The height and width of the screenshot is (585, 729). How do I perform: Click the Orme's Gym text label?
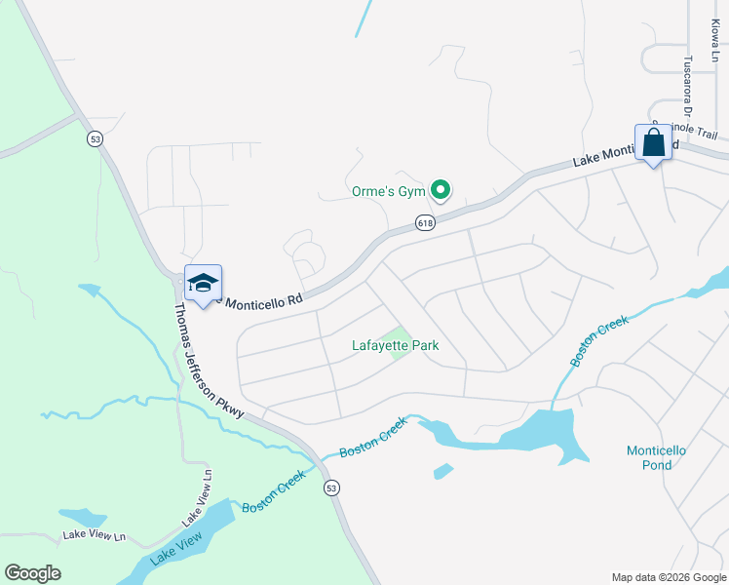(x=390, y=191)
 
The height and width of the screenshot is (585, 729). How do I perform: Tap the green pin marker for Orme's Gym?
(x=441, y=189)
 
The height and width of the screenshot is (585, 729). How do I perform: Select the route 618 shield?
(x=425, y=223)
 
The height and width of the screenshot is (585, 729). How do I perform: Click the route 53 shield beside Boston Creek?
(x=333, y=487)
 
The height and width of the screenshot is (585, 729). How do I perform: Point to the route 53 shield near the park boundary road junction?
(x=95, y=138)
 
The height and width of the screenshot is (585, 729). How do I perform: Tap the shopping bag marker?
(x=653, y=144)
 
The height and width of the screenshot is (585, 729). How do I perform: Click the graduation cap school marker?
(x=203, y=285)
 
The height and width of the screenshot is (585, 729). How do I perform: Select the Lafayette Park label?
(x=395, y=345)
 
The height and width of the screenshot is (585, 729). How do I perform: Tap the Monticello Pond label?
(x=656, y=457)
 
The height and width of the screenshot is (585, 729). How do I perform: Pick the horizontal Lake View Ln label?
(x=95, y=535)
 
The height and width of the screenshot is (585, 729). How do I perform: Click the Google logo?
(x=32, y=573)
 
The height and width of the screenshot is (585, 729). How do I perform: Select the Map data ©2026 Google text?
(x=668, y=577)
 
